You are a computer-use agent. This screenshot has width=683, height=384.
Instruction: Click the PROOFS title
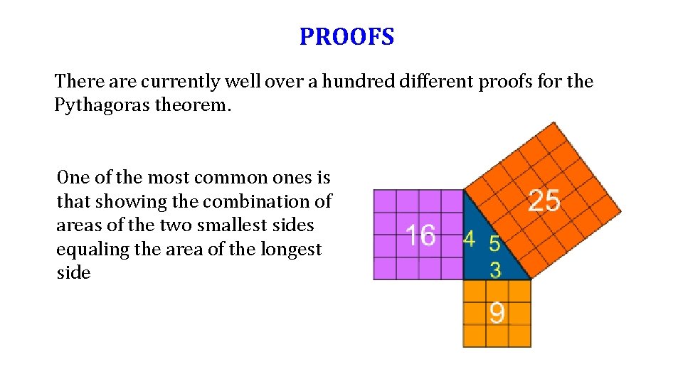coord(346,36)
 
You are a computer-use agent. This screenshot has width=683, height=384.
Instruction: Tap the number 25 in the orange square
coord(544,201)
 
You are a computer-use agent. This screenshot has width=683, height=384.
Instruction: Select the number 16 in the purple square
coord(420,234)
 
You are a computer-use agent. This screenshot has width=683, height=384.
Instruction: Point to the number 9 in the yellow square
coord(497,313)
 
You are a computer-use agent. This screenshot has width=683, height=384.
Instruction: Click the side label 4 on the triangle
coord(469,239)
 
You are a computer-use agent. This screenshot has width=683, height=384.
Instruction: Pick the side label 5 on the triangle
coord(494,244)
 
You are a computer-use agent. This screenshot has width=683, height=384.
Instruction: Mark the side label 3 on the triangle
coord(495,270)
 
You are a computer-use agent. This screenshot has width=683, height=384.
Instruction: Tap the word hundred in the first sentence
coord(357,82)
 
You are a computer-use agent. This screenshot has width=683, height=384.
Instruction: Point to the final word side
coord(73,273)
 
